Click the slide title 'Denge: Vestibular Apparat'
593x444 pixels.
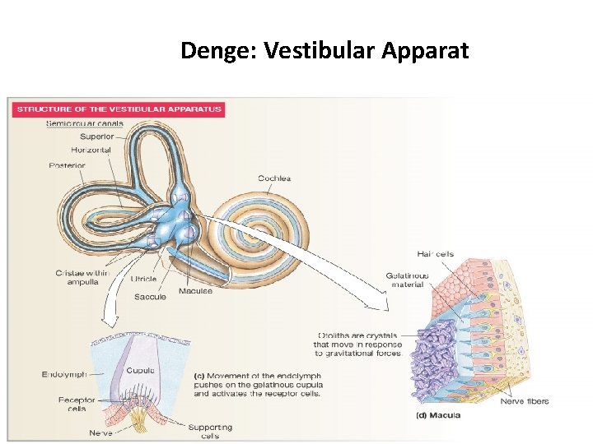325,52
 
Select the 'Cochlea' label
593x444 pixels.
273,178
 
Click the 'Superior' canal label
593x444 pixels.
98,136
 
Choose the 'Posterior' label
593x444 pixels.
67,165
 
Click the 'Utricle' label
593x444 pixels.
143,280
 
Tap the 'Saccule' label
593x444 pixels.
149,296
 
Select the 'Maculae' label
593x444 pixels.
195,290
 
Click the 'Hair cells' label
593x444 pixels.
434,254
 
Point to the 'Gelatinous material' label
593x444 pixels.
407,280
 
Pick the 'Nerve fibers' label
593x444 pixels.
525,401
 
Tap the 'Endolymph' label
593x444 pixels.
63,375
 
